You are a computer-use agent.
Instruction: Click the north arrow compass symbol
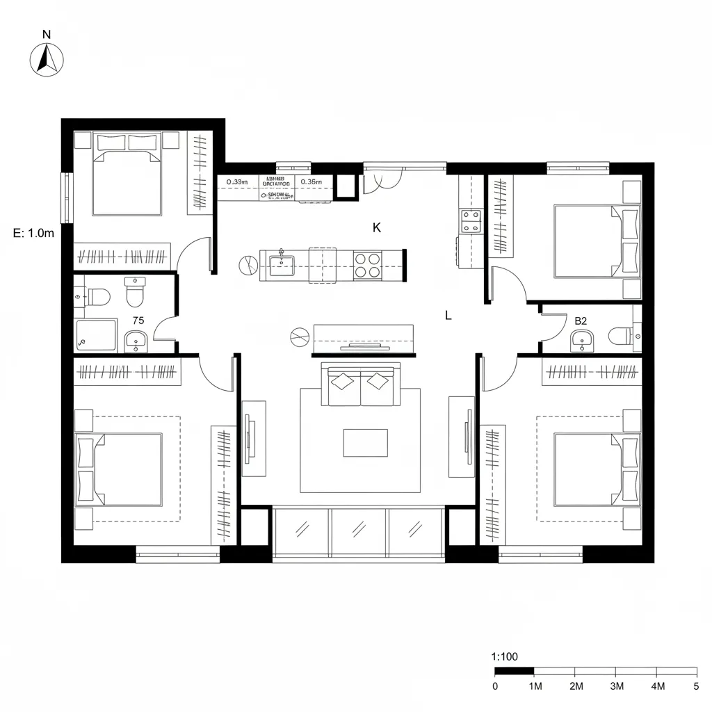click(47, 58)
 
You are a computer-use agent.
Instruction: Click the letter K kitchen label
click(377, 227)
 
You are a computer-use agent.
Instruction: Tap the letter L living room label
click(448, 315)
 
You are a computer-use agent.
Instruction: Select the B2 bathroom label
click(581, 321)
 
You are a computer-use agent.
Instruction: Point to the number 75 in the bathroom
click(138, 321)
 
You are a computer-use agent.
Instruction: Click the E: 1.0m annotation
click(33, 234)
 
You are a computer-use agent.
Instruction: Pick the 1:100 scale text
click(504, 656)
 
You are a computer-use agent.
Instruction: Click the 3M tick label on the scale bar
click(616, 686)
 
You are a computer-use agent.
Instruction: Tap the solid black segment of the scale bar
click(514, 672)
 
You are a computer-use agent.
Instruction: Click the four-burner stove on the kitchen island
click(369, 265)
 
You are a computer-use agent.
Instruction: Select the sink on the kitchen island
click(282, 264)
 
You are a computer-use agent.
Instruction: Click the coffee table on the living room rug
click(365, 443)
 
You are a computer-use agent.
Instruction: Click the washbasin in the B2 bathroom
click(581, 341)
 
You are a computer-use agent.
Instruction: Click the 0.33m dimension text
click(237, 182)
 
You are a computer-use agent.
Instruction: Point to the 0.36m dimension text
click(311, 182)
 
